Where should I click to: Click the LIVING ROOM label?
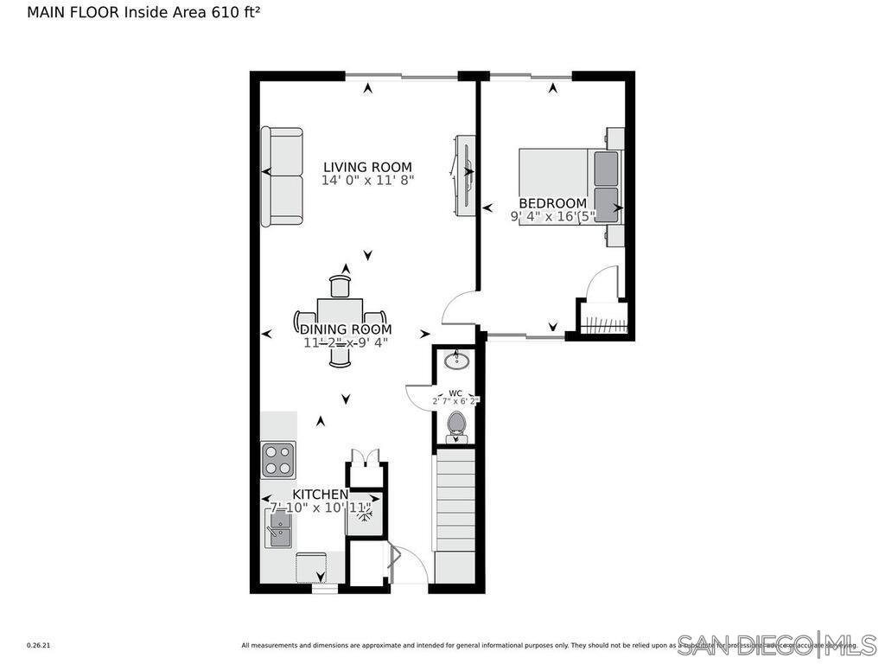tap(367, 167)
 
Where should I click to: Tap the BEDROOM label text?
tap(552, 203)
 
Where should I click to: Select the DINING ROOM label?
tap(346, 329)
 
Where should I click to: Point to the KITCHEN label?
tap(320, 494)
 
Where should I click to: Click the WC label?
tap(455, 393)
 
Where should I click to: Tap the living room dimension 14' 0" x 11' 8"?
tap(367, 181)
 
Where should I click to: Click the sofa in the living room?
tap(283, 176)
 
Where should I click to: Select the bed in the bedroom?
tap(568, 187)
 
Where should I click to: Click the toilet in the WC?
tap(455, 425)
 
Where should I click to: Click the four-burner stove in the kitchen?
tap(278, 460)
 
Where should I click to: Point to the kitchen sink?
tap(277, 527)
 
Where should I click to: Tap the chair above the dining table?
tap(341, 284)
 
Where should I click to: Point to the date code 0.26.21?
tap(40, 645)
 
